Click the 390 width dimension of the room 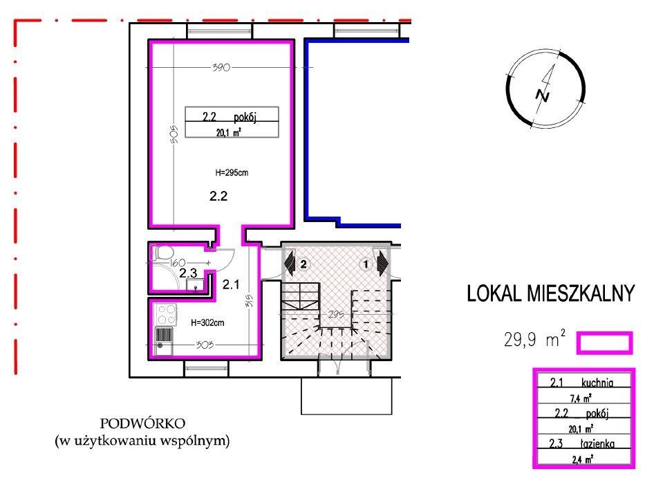click(x=221, y=67)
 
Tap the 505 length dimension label click(x=175, y=134)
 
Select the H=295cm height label click(x=232, y=172)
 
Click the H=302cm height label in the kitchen click(x=207, y=322)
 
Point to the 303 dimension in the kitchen click(x=205, y=345)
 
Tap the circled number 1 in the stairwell click(x=366, y=264)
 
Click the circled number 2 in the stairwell click(x=303, y=264)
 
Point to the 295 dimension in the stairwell click(x=336, y=314)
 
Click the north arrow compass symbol click(x=545, y=89)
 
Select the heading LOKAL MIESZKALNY click(x=550, y=293)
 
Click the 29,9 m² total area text click(x=534, y=338)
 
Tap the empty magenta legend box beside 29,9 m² click(x=605, y=342)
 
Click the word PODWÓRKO click(x=142, y=423)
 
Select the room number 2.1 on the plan click(x=231, y=284)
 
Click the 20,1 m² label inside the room click(x=229, y=133)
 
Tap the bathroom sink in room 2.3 click(x=195, y=285)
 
